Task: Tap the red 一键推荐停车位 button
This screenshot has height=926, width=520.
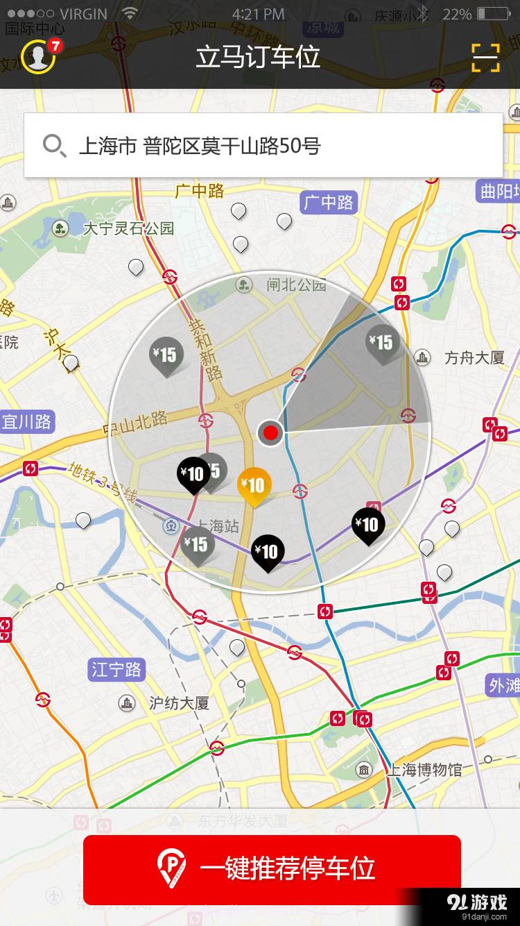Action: click(272, 869)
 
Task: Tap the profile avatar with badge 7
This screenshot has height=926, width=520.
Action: click(38, 56)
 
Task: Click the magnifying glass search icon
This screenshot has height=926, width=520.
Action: click(53, 146)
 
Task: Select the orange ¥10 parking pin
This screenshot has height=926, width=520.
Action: click(254, 485)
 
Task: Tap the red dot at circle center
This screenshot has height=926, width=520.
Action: click(270, 433)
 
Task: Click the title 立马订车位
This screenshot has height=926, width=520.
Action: click(258, 57)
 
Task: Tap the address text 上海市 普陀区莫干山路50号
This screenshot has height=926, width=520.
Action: click(200, 146)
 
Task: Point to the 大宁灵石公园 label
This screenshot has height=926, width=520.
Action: click(128, 228)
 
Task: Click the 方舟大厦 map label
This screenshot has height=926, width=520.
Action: click(474, 358)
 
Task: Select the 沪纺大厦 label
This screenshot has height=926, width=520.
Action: click(179, 703)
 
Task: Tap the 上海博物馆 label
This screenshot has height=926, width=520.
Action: click(424, 769)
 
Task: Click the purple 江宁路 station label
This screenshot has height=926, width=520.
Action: click(116, 670)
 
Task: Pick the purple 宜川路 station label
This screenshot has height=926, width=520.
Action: click(26, 421)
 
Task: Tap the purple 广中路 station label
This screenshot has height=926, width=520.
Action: click(329, 203)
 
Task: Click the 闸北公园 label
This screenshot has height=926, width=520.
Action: click(296, 285)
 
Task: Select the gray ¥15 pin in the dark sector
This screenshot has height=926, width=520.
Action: click(381, 343)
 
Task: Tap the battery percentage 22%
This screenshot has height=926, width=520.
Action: click(457, 14)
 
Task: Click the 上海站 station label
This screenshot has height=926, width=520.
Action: click(217, 526)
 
